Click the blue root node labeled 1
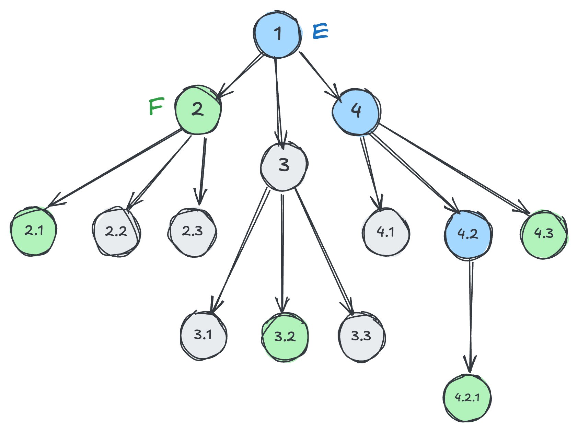tap(277, 35)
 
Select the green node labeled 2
tap(198, 110)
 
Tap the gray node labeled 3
tap(284, 166)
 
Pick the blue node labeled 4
tap(356, 111)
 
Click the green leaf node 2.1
tap(34, 231)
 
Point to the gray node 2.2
tap(116, 232)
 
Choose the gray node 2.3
tap(192, 232)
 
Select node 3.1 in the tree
tap(203, 335)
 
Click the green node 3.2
tap(285, 337)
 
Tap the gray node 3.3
tap(361, 337)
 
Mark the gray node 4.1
tap(386, 232)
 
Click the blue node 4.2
tap(468, 234)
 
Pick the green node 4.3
tap(544, 234)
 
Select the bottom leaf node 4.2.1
tap(467, 398)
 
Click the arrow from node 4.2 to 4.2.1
tap(471, 316)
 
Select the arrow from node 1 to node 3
tap(278, 103)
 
